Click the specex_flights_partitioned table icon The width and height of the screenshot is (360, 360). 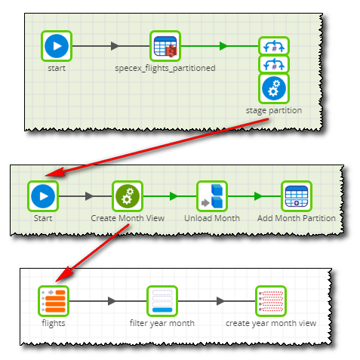point(165,46)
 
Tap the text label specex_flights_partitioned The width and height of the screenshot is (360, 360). point(165,68)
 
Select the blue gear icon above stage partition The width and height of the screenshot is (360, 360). point(274,88)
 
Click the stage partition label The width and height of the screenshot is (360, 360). point(274,110)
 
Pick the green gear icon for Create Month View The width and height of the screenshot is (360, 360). point(128,196)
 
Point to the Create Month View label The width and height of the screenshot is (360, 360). point(128,218)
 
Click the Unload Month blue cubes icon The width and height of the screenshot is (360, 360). point(212,196)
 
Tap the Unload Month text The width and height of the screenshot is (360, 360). point(212,218)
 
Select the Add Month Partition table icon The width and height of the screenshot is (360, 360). point(297,196)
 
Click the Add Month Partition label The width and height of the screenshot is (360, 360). point(297,218)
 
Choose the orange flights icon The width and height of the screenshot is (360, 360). point(54,301)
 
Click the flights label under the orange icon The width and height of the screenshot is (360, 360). point(54,323)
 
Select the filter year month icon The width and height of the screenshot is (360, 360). point(162,301)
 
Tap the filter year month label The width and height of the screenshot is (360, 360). point(162,323)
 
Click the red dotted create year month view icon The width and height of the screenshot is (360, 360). point(271,301)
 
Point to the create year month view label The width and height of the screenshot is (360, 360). point(271,323)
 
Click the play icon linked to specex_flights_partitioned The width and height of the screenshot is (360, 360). point(57,46)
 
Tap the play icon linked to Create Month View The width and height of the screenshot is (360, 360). point(43,196)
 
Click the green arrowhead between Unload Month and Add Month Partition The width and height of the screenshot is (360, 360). point(258,196)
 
